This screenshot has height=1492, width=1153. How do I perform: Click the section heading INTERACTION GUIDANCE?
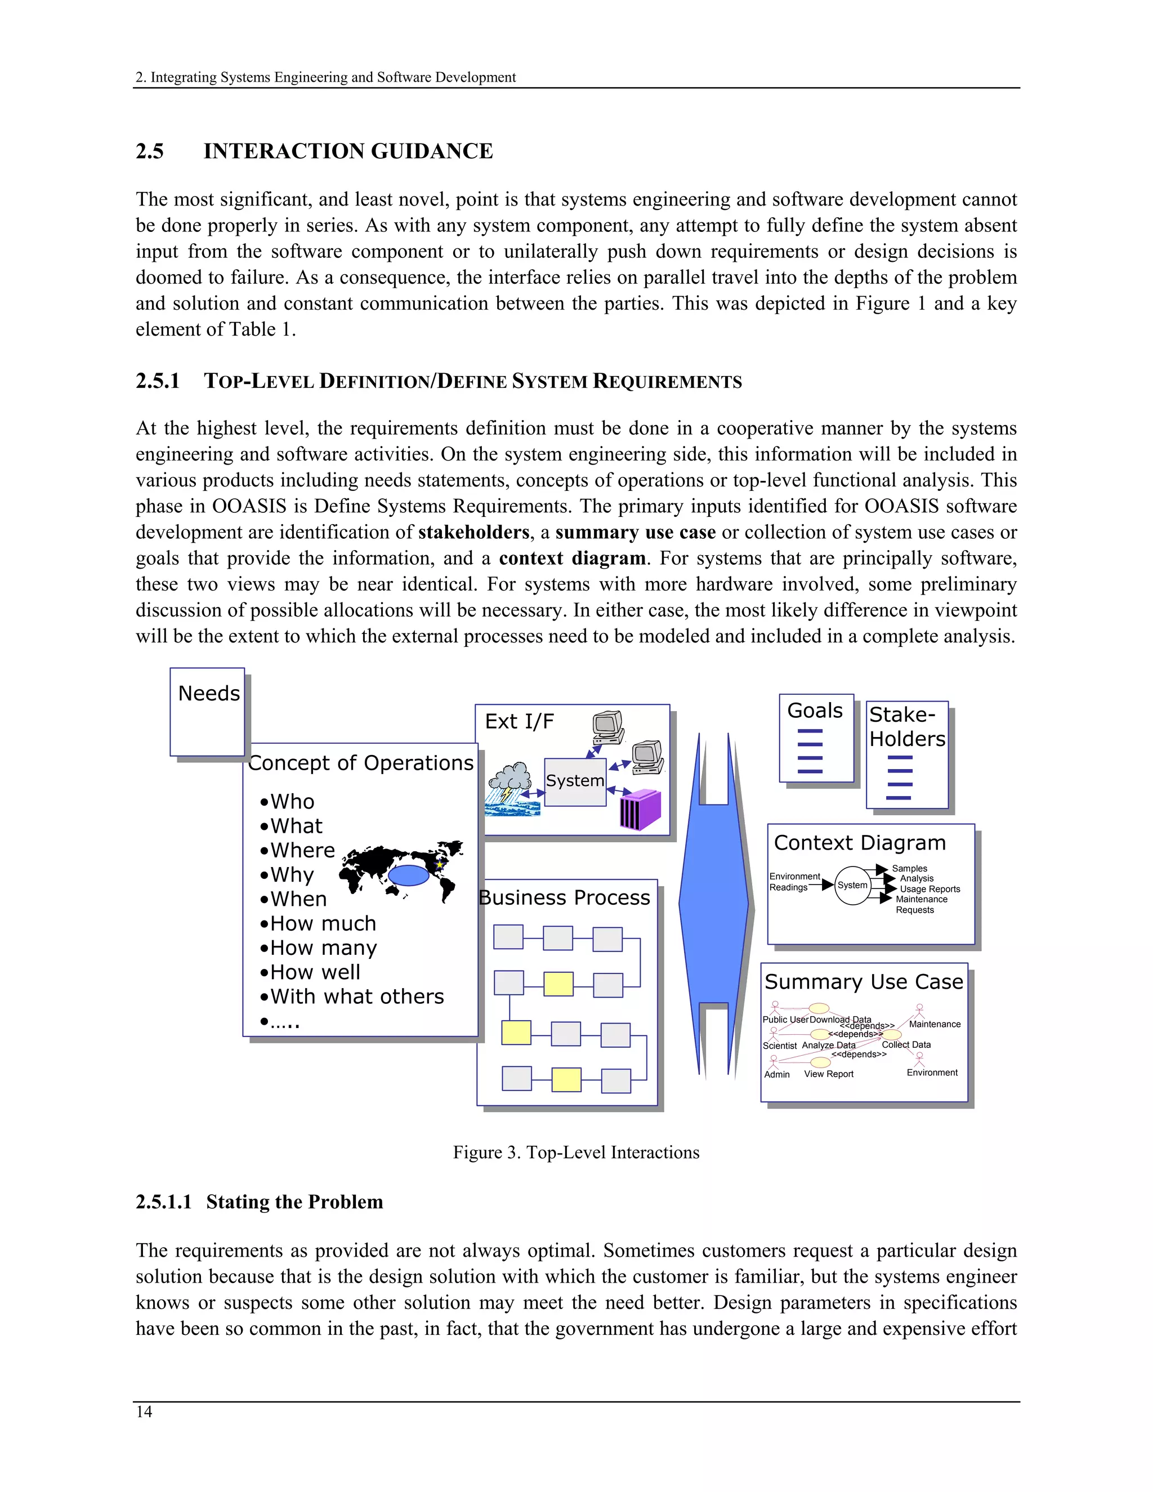coord(348,151)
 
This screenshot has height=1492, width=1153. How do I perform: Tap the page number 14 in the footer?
coord(144,1412)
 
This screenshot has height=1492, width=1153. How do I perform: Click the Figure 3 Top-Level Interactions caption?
coord(576,1152)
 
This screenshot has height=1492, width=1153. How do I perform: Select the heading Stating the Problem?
coord(294,1201)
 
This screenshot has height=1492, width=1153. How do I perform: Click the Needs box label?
coord(209,694)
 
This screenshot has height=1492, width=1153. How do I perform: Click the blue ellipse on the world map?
coord(408,875)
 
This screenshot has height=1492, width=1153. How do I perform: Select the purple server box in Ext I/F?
coord(640,810)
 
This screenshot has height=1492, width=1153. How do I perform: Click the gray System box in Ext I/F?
coord(575,781)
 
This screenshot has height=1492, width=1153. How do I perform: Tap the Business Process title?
coord(564,897)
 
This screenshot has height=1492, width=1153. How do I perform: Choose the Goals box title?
coord(815,711)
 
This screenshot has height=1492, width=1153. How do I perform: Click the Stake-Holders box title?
coord(907,727)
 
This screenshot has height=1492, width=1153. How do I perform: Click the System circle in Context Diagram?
coord(852,886)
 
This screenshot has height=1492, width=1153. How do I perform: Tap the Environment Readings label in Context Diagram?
coord(794,882)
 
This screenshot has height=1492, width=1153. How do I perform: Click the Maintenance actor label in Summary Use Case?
coord(935,1024)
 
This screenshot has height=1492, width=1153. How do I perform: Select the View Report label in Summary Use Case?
coord(829,1074)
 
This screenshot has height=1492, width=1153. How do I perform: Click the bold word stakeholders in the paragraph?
coord(473,532)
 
